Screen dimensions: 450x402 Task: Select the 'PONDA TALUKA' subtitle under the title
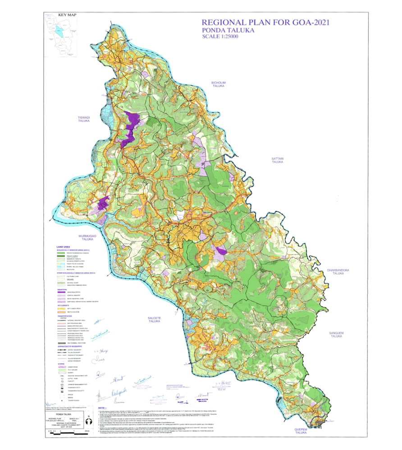coord(228,30)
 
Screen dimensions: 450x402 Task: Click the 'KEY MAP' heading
coord(67,15)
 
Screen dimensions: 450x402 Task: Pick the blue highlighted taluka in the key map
coord(58,33)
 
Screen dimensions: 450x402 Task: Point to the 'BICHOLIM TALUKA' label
coord(221,85)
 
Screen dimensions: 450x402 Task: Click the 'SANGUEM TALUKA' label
coord(338,334)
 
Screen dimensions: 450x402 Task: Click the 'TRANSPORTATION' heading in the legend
coord(67,315)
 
